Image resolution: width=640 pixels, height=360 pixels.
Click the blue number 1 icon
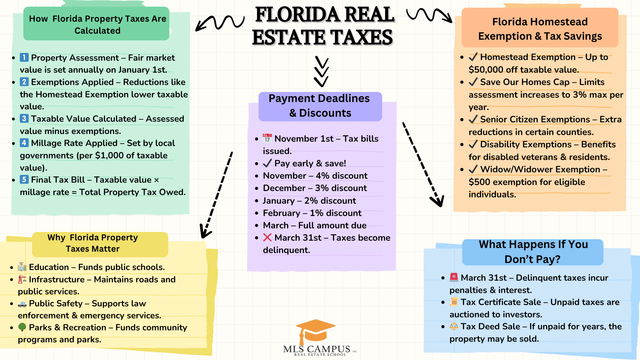coord(24,57)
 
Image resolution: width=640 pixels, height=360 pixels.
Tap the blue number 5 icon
coord(24,179)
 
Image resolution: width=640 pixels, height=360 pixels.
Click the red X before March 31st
coord(267,237)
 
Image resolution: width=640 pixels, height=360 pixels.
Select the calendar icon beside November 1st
coord(267,138)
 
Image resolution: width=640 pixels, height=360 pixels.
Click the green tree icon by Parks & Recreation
coord(22,327)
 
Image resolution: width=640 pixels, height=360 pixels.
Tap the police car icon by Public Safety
coord(22,304)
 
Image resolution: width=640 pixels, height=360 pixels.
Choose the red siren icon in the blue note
coord(454,277)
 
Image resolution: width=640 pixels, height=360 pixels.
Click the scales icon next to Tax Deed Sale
coord(454,326)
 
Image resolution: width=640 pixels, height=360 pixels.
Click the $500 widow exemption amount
coord(479,182)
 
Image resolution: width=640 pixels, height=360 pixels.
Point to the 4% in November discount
coord(323,176)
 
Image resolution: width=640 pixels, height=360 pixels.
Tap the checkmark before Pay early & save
coord(267,163)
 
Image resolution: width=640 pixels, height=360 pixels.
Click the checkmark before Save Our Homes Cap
coord(473,82)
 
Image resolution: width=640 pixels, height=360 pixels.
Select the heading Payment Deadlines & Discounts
coord(320,106)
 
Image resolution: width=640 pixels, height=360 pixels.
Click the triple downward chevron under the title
coord(322,72)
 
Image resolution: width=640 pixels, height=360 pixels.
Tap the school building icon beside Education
coord(22,267)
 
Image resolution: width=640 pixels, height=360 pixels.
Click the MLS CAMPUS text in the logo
coord(317,349)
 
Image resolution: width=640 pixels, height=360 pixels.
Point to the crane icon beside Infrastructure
coord(22,279)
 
